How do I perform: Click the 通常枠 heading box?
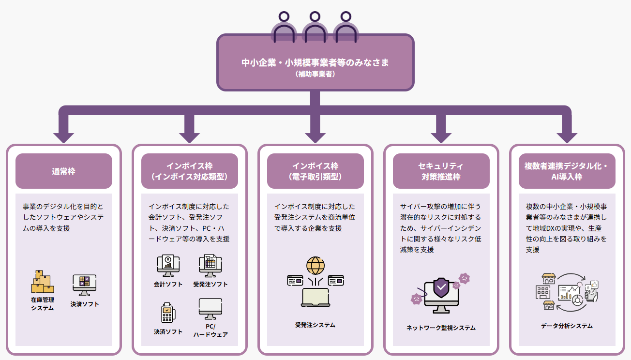63,171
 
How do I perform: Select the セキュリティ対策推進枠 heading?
441,171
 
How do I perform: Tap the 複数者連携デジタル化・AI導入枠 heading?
567,171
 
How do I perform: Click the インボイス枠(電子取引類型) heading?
315,171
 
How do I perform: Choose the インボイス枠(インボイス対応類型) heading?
189,171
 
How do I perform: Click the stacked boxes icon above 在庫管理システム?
42,282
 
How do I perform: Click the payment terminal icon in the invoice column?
168,312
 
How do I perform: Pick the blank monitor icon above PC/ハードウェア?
210,309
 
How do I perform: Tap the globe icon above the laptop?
315,266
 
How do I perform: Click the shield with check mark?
441,288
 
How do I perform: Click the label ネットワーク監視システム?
441,328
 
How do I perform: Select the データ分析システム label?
567,326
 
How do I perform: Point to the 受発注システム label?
315,325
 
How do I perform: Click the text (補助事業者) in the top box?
315,75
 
